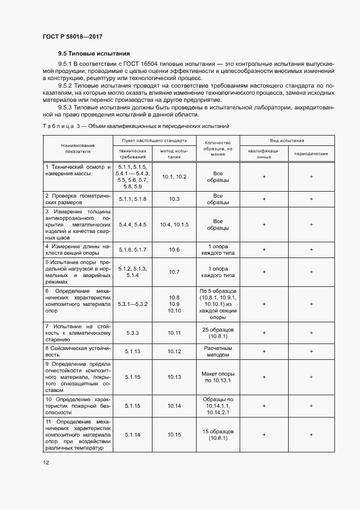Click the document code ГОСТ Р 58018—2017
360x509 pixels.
[x=72, y=36]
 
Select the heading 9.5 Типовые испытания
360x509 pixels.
[x=94, y=54]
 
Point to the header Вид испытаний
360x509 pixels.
[x=287, y=140]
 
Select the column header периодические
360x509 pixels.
[x=311, y=154]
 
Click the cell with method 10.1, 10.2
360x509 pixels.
[x=174, y=177]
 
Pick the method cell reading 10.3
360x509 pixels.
[x=174, y=199]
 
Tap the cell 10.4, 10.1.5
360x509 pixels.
[x=174, y=224]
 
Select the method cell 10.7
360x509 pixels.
[x=174, y=271]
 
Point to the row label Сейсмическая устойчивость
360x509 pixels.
[x=78, y=351]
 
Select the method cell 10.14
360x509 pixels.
[x=174, y=406]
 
